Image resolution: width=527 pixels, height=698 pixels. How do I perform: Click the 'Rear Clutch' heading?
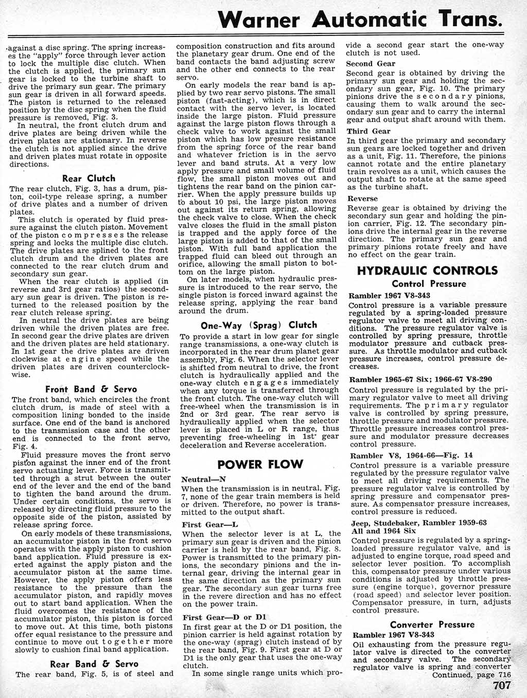click(x=88, y=178)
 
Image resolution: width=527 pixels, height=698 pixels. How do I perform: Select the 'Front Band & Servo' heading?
click(x=91, y=389)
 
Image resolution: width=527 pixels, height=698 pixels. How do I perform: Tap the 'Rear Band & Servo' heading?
click(x=94, y=664)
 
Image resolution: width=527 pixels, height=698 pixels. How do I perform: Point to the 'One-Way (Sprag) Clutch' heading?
click(x=258, y=325)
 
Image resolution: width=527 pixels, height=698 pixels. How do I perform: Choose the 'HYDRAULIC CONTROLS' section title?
click(x=427, y=271)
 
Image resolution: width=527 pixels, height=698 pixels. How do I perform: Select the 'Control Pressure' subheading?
click(x=429, y=284)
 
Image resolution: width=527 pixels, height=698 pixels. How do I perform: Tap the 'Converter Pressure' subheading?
click(x=432, y=624)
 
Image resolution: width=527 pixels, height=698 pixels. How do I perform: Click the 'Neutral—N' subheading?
click(x=204, y=479)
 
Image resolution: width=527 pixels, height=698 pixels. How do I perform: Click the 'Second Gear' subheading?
click(x=371, y=64)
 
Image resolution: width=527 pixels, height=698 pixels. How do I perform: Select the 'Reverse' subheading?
click(x=362, y=199)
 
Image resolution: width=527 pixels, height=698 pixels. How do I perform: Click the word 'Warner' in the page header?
click(x=258, y=21)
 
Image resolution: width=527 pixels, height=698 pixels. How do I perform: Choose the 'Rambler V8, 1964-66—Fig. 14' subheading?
click(x=411, y=455)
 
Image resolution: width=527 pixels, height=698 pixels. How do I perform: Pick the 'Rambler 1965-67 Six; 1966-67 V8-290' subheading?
click(x=420, y=379)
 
